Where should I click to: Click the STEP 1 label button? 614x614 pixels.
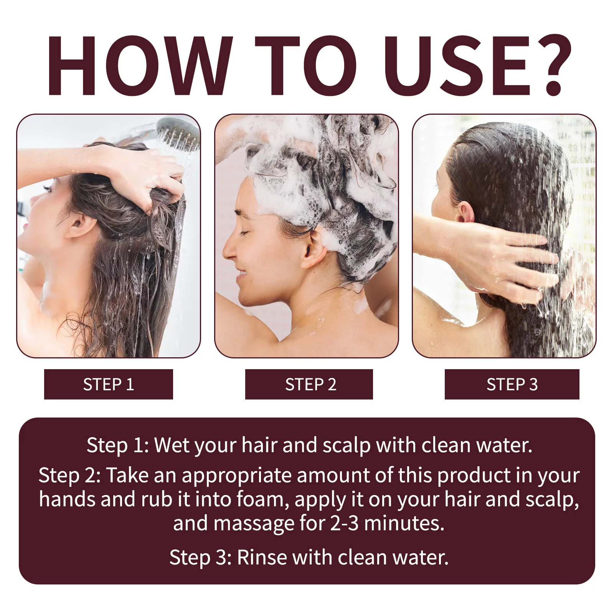(109, 384)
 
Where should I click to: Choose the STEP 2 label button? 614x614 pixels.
(309, 384)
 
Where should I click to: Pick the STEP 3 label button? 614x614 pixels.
(512, 384)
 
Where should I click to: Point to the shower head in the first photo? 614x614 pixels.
(178, 132)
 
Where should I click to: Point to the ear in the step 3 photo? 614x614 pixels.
(465, 213)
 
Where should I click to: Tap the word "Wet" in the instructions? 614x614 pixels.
(171, 445)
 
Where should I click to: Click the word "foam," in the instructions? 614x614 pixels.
(262, 500)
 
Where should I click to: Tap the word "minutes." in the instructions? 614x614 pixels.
(404, 523)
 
